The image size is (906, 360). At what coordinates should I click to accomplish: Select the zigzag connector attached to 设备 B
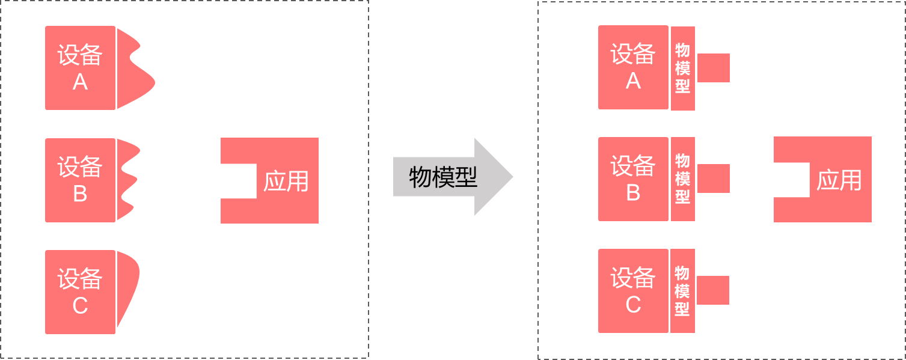127,180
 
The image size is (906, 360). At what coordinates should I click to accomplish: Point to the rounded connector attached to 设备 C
127,282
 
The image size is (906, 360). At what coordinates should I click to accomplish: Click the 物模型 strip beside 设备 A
682,68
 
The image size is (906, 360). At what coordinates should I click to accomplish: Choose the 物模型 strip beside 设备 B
682,178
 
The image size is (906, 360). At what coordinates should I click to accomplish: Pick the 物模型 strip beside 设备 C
682,291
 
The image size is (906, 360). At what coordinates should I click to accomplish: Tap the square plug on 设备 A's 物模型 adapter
714,67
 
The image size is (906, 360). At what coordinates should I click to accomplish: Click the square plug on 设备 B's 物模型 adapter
714,178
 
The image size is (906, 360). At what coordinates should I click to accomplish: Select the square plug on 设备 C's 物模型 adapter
713,290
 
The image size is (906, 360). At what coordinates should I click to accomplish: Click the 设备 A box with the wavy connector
80,68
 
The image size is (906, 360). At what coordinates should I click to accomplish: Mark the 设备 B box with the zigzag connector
80,180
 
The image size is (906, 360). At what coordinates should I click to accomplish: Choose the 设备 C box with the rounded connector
80,292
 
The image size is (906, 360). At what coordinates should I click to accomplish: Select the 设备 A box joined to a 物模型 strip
633,67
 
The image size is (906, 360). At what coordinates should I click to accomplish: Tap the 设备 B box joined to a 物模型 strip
633,178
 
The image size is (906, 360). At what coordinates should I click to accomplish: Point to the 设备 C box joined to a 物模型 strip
633,291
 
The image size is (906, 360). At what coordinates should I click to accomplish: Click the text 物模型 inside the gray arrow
442,177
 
